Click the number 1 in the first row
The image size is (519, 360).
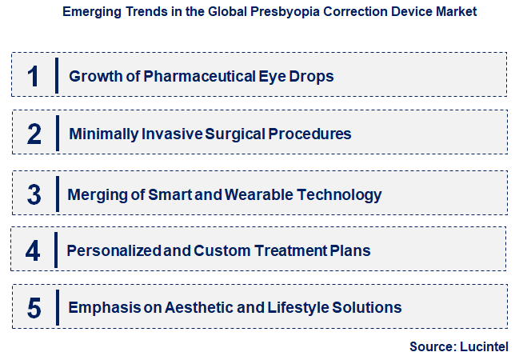point(33,76)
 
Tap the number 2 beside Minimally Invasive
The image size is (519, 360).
point(34,134)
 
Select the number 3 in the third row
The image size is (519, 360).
point(34,194)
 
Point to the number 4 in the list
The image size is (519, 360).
point(33,251)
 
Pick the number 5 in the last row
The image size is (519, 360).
point(34,308)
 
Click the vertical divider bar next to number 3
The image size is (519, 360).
point(57,194)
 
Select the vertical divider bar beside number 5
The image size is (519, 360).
point(57,308)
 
